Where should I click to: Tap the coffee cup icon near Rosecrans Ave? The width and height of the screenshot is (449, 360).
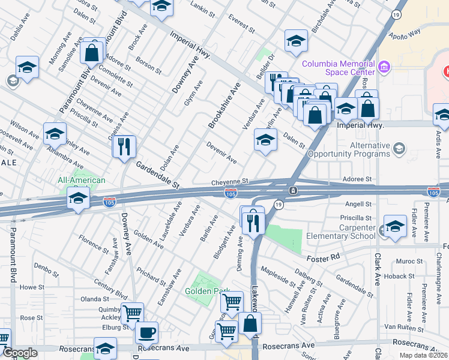coord(146,332)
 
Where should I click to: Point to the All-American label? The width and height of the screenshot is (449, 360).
coord(81,180)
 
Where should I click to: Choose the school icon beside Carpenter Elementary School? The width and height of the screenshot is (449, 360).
coord(394,226)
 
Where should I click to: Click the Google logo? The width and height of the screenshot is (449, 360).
coord(20,353)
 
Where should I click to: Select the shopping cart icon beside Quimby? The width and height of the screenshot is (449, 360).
coord(132,313)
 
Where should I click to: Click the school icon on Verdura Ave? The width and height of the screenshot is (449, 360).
coord(265,140)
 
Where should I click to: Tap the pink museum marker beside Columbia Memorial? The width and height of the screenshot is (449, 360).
coord(384,65)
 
